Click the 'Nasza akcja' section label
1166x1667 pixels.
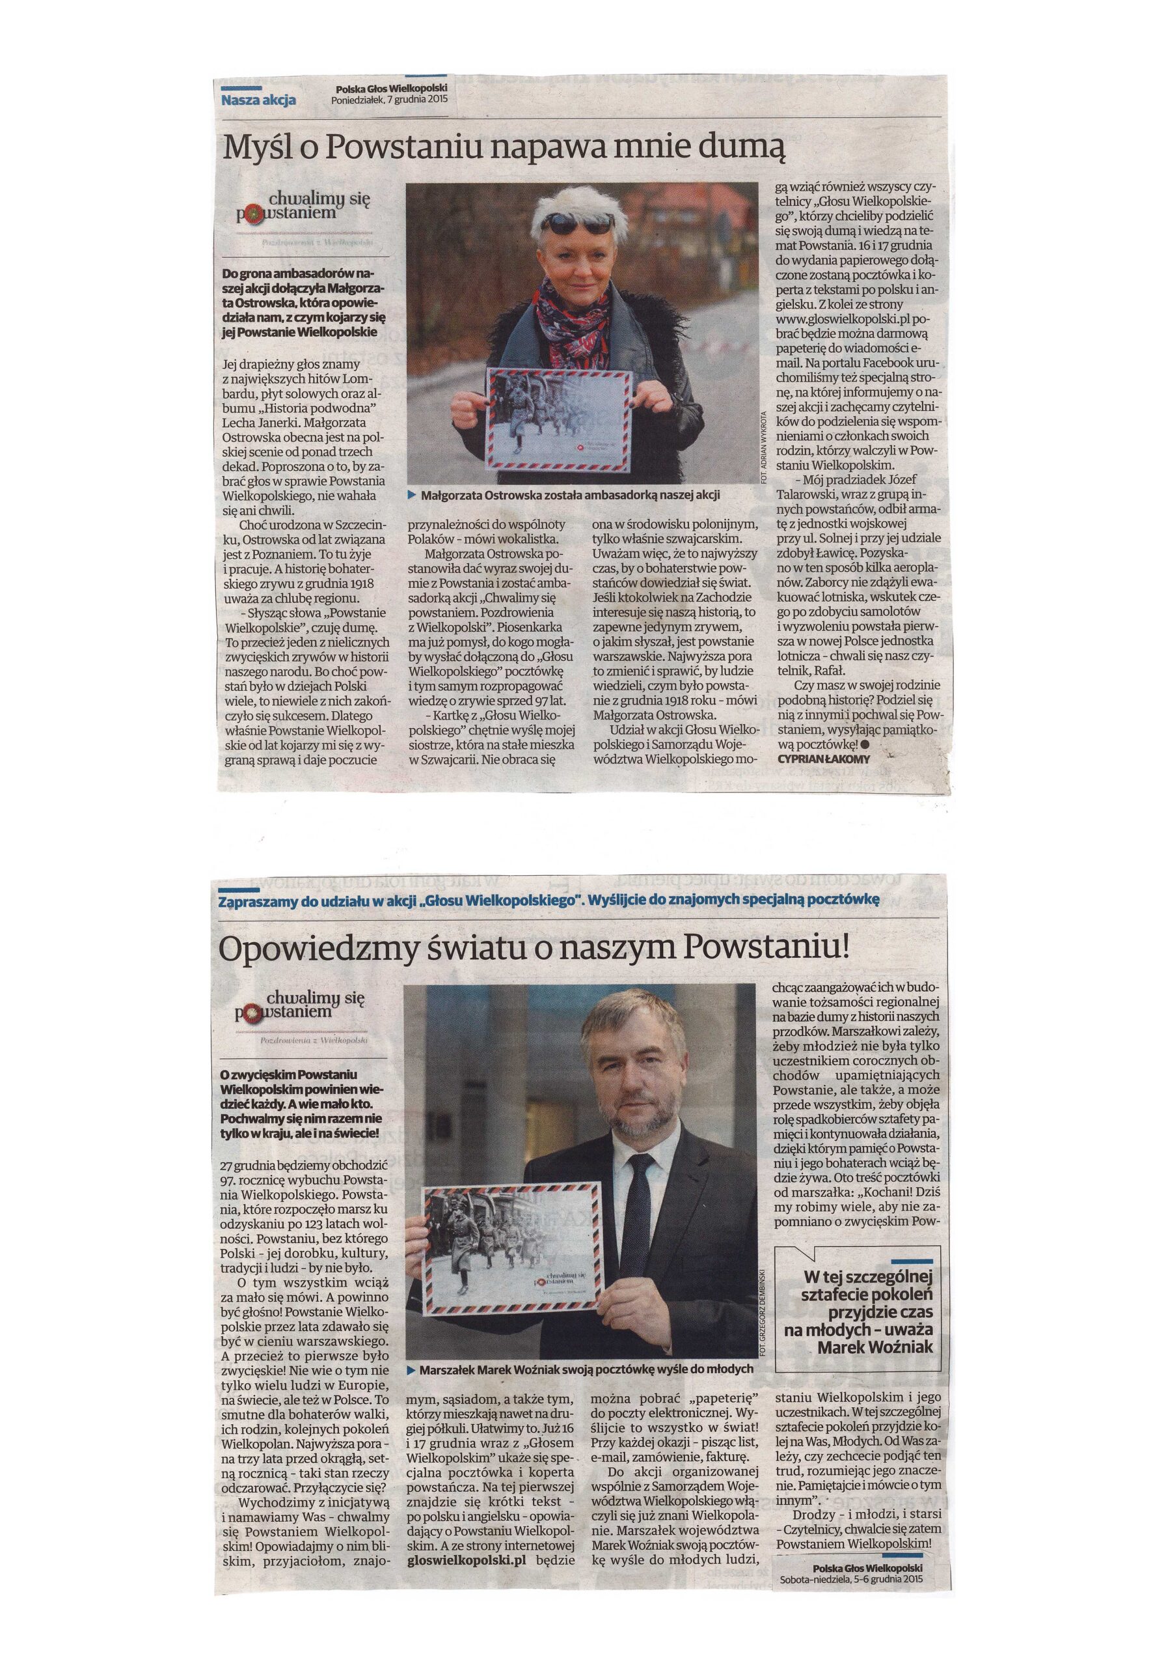coord(258,101)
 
